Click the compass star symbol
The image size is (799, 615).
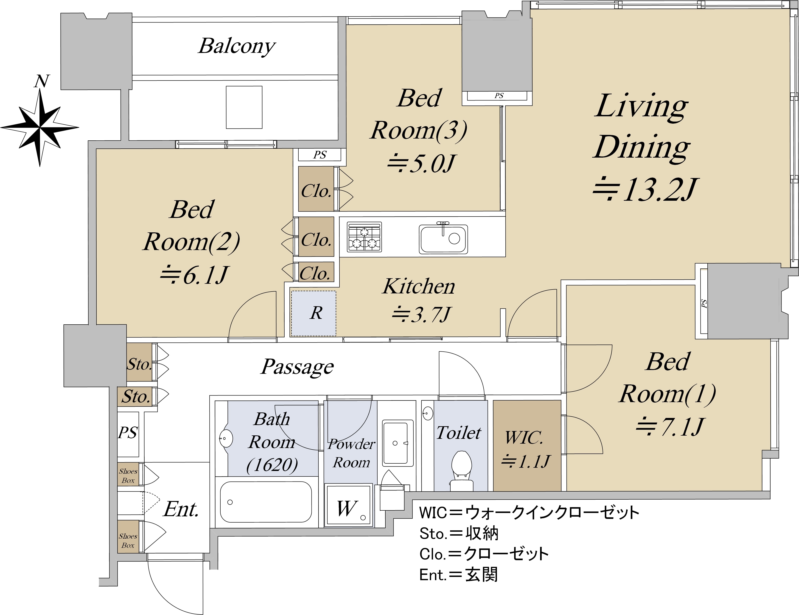(39, 128)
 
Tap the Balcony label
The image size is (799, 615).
(237, 46)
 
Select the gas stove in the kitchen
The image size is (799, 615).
(364, 237)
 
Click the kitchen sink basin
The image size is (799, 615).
(443, 239)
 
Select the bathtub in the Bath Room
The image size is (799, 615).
(266, 502)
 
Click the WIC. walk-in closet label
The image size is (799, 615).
(525, 438)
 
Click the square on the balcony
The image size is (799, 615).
(244, 107)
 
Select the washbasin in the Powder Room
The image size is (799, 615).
(395, 443)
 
